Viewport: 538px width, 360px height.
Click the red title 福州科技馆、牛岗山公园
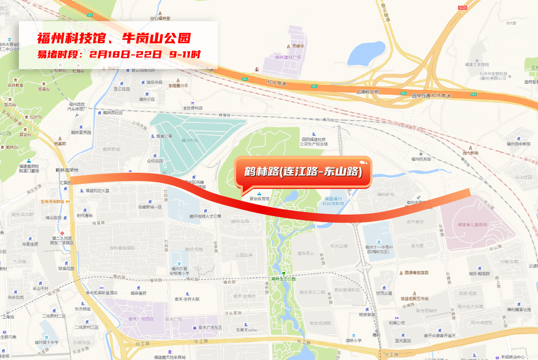pyautogui.click(x=114, y=38)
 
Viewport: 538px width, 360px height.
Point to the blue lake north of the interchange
pyautogui.click(x=366, y=53)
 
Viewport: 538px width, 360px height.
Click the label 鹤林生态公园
pyautogui.click(x=283, y=279)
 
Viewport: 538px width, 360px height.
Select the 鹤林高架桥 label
pyautogui.click(x=67, y=170)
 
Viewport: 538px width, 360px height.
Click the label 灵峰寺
pyautogui.click(x=298, y=46)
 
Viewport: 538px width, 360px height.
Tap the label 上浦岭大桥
pyautogui.click(x=368, y=92)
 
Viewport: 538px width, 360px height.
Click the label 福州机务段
pyautogui.click(x=421, y=159)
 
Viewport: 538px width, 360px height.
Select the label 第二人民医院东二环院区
pyautogui.click(x=62, y=240)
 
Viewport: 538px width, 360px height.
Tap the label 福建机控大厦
pyautogui.click(x=97, y=191)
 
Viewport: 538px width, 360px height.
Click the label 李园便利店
pyautogui.click(x=193, y=108)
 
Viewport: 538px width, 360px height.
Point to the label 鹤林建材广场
pyautogui.click(x=288, y=58)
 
